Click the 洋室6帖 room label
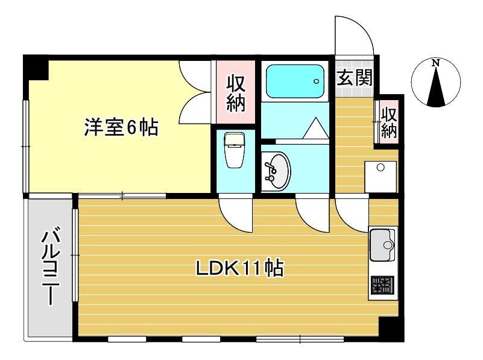[x=121, y=127]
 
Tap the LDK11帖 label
[x=239, y=268]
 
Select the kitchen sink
[x=382, y=245]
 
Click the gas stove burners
[x=382, y=284]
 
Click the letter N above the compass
[x=435, y=62]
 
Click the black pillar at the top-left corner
[x=36, y=68]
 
